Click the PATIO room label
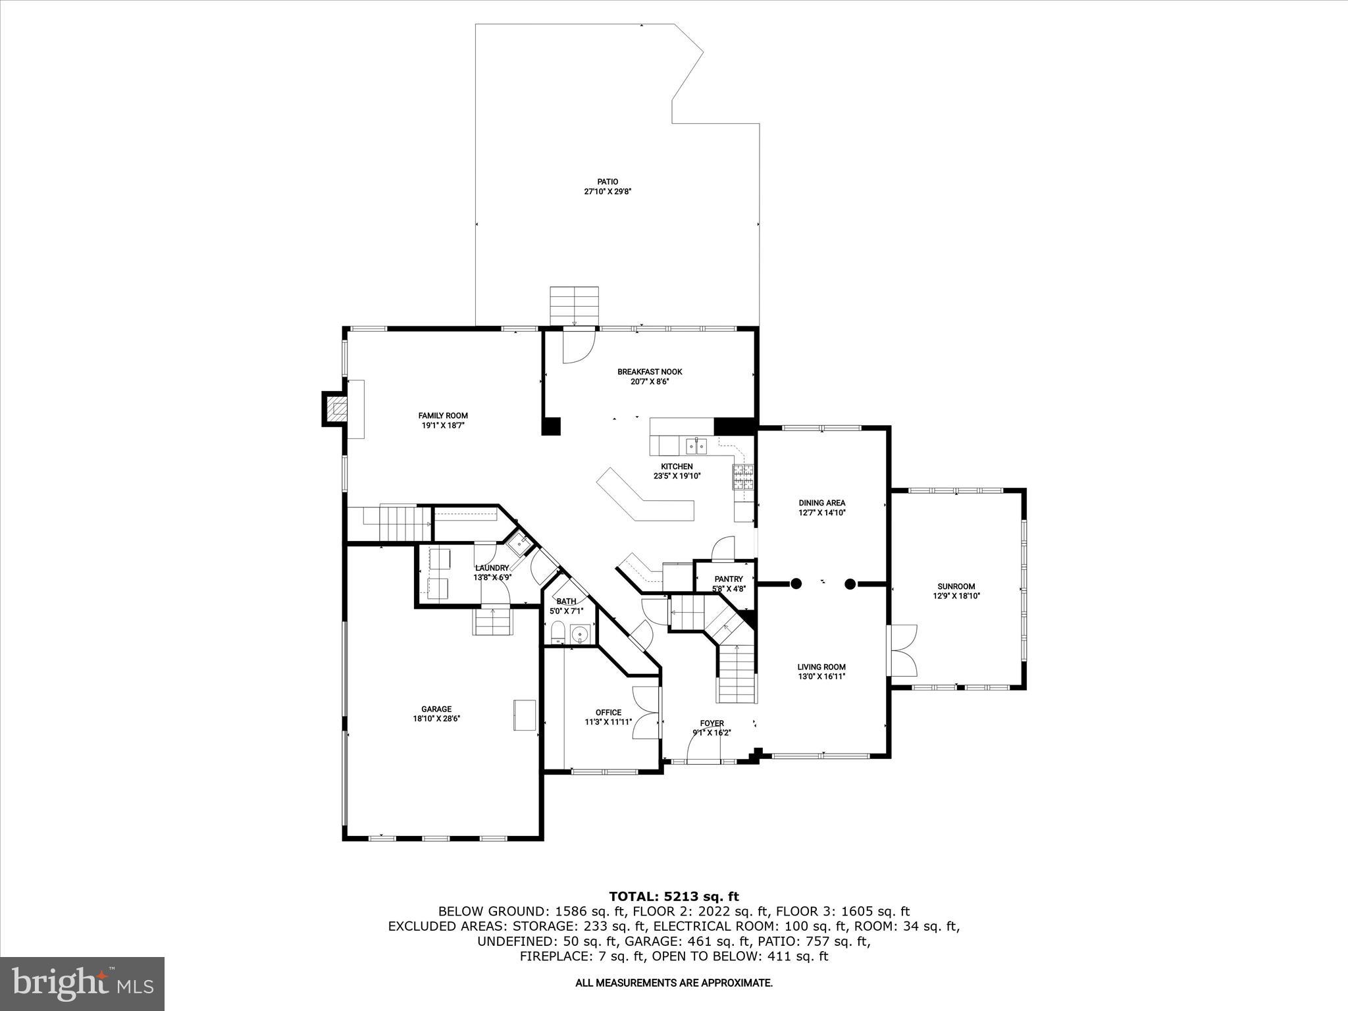608,182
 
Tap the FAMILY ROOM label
443,415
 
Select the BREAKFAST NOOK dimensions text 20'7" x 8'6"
650,382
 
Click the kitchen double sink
695,447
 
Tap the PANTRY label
728,579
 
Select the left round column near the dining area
796,583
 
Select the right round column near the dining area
850,583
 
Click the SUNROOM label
956,586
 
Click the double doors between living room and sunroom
902,650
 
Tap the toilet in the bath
557,633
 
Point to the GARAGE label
436,709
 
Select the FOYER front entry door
702,750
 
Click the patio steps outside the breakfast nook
575,306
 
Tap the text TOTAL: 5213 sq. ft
673,896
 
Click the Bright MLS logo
82,983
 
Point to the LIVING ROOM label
821,667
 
